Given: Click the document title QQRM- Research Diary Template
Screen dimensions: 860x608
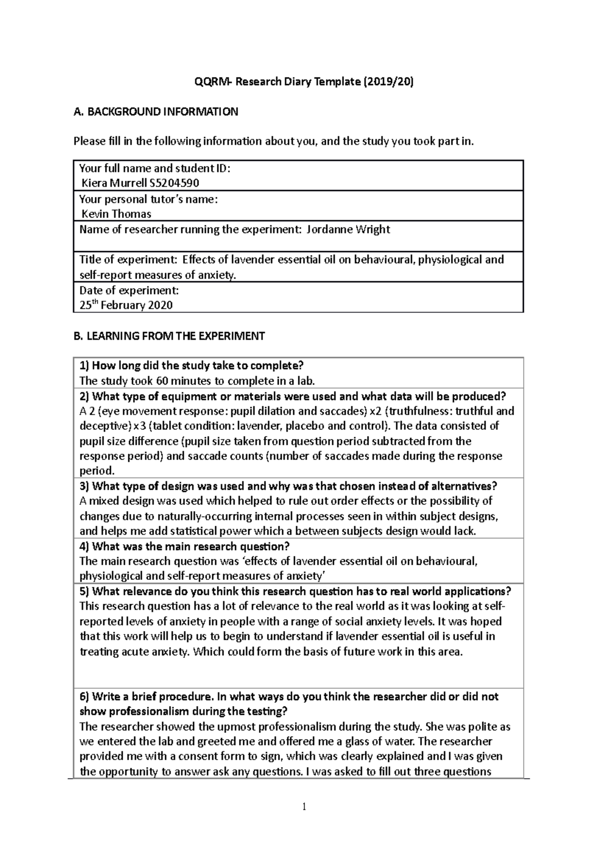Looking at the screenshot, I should pyautogui.click(x=304, y=82).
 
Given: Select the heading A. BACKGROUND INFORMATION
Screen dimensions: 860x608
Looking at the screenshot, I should pyautogui.click(x=156, y=112).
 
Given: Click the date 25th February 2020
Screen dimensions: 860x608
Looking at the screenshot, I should pyautogui.click(x=126, y=305).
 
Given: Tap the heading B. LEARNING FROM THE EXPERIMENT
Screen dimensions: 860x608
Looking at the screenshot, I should pyautogui.click(x=169, y=336).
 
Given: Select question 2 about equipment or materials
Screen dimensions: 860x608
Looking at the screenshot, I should pyautogui.click(x=293, y=396).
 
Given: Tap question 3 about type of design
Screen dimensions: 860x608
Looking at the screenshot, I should pyautogui.click(x=288, y=486).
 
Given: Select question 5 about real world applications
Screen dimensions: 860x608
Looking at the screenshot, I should pyautogui.click(x=295, y=592).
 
